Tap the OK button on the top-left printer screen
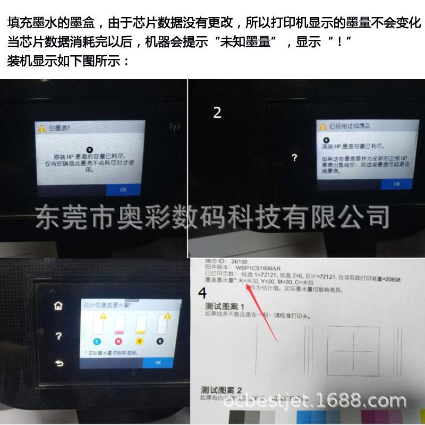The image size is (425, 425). coord(123,189)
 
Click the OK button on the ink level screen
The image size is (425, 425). coord(158,362)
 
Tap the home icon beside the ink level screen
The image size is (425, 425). coord(58,305)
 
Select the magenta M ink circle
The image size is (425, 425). coord(118,342)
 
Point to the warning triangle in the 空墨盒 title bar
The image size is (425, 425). coord(40,129)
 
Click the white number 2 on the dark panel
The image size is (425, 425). coord(217,113)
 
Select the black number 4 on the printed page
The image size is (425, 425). coord(202,293)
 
